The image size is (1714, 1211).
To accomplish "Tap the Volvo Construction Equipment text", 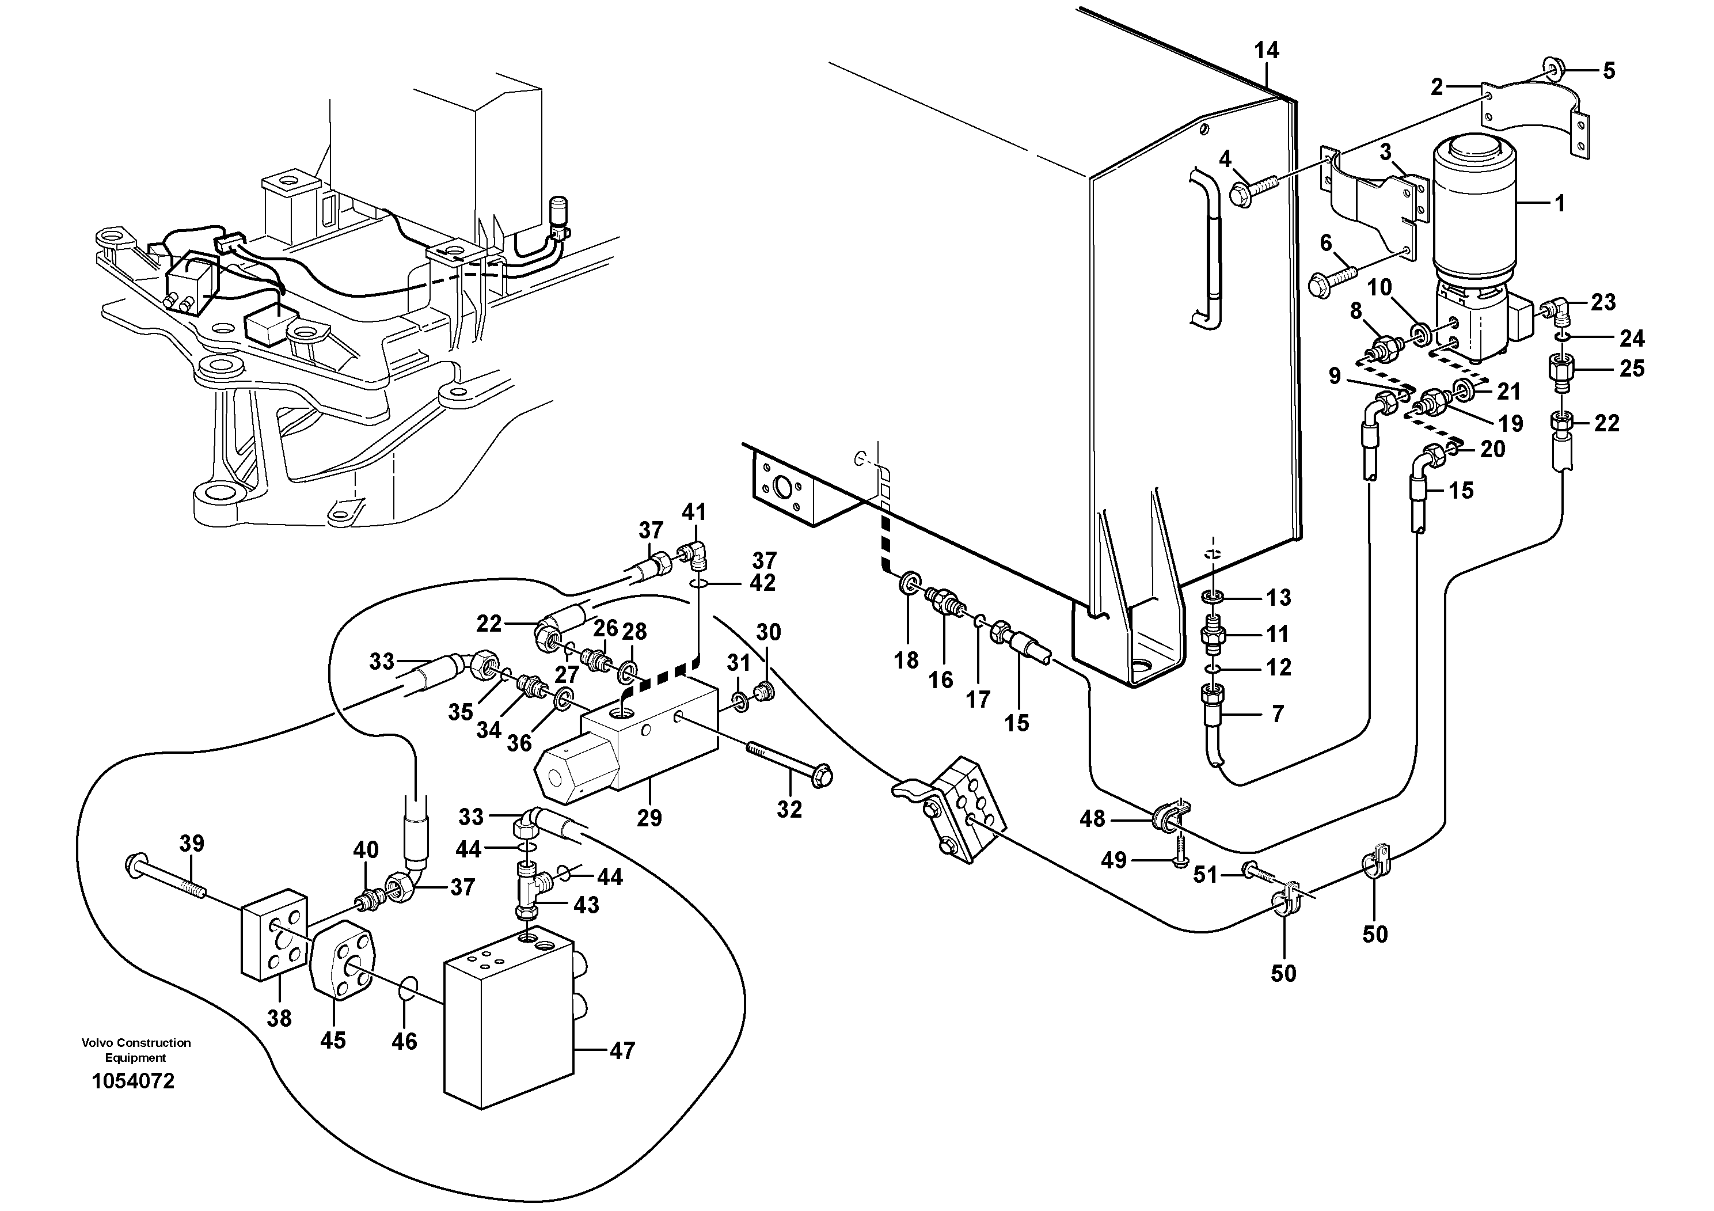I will click(x=136, y=1050).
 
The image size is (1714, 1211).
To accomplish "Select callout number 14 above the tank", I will click(x=1266, y=51).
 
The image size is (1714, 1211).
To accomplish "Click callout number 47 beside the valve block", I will click(x=621, y=1051).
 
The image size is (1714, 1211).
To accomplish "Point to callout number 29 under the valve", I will click(x=649, y=818).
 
